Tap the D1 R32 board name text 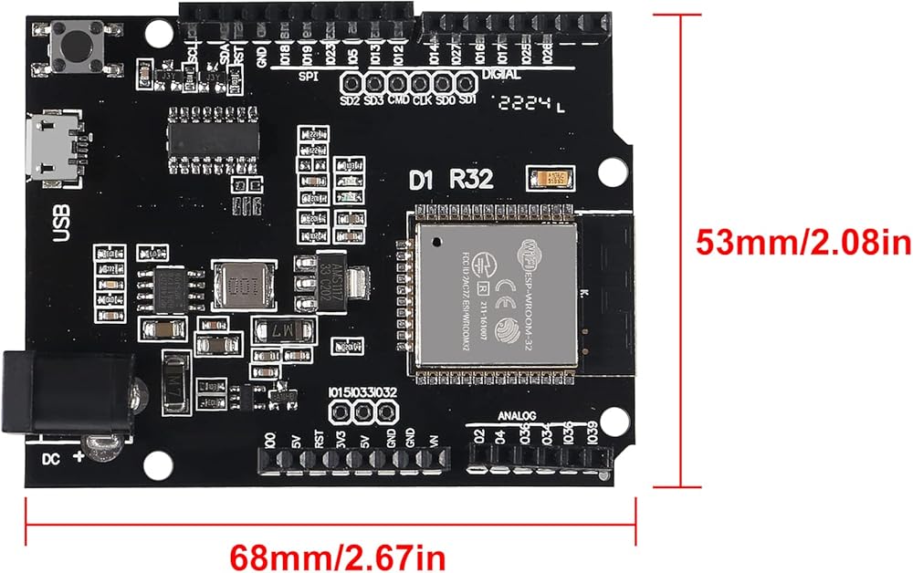pos(451,180)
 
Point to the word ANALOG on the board pos(520,416)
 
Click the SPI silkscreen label pos(308,76)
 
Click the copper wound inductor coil pos(243,286)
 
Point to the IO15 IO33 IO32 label pos(362,392)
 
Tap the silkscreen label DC pos(51,458)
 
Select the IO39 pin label pos(592,437)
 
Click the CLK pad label pos(422,99)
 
